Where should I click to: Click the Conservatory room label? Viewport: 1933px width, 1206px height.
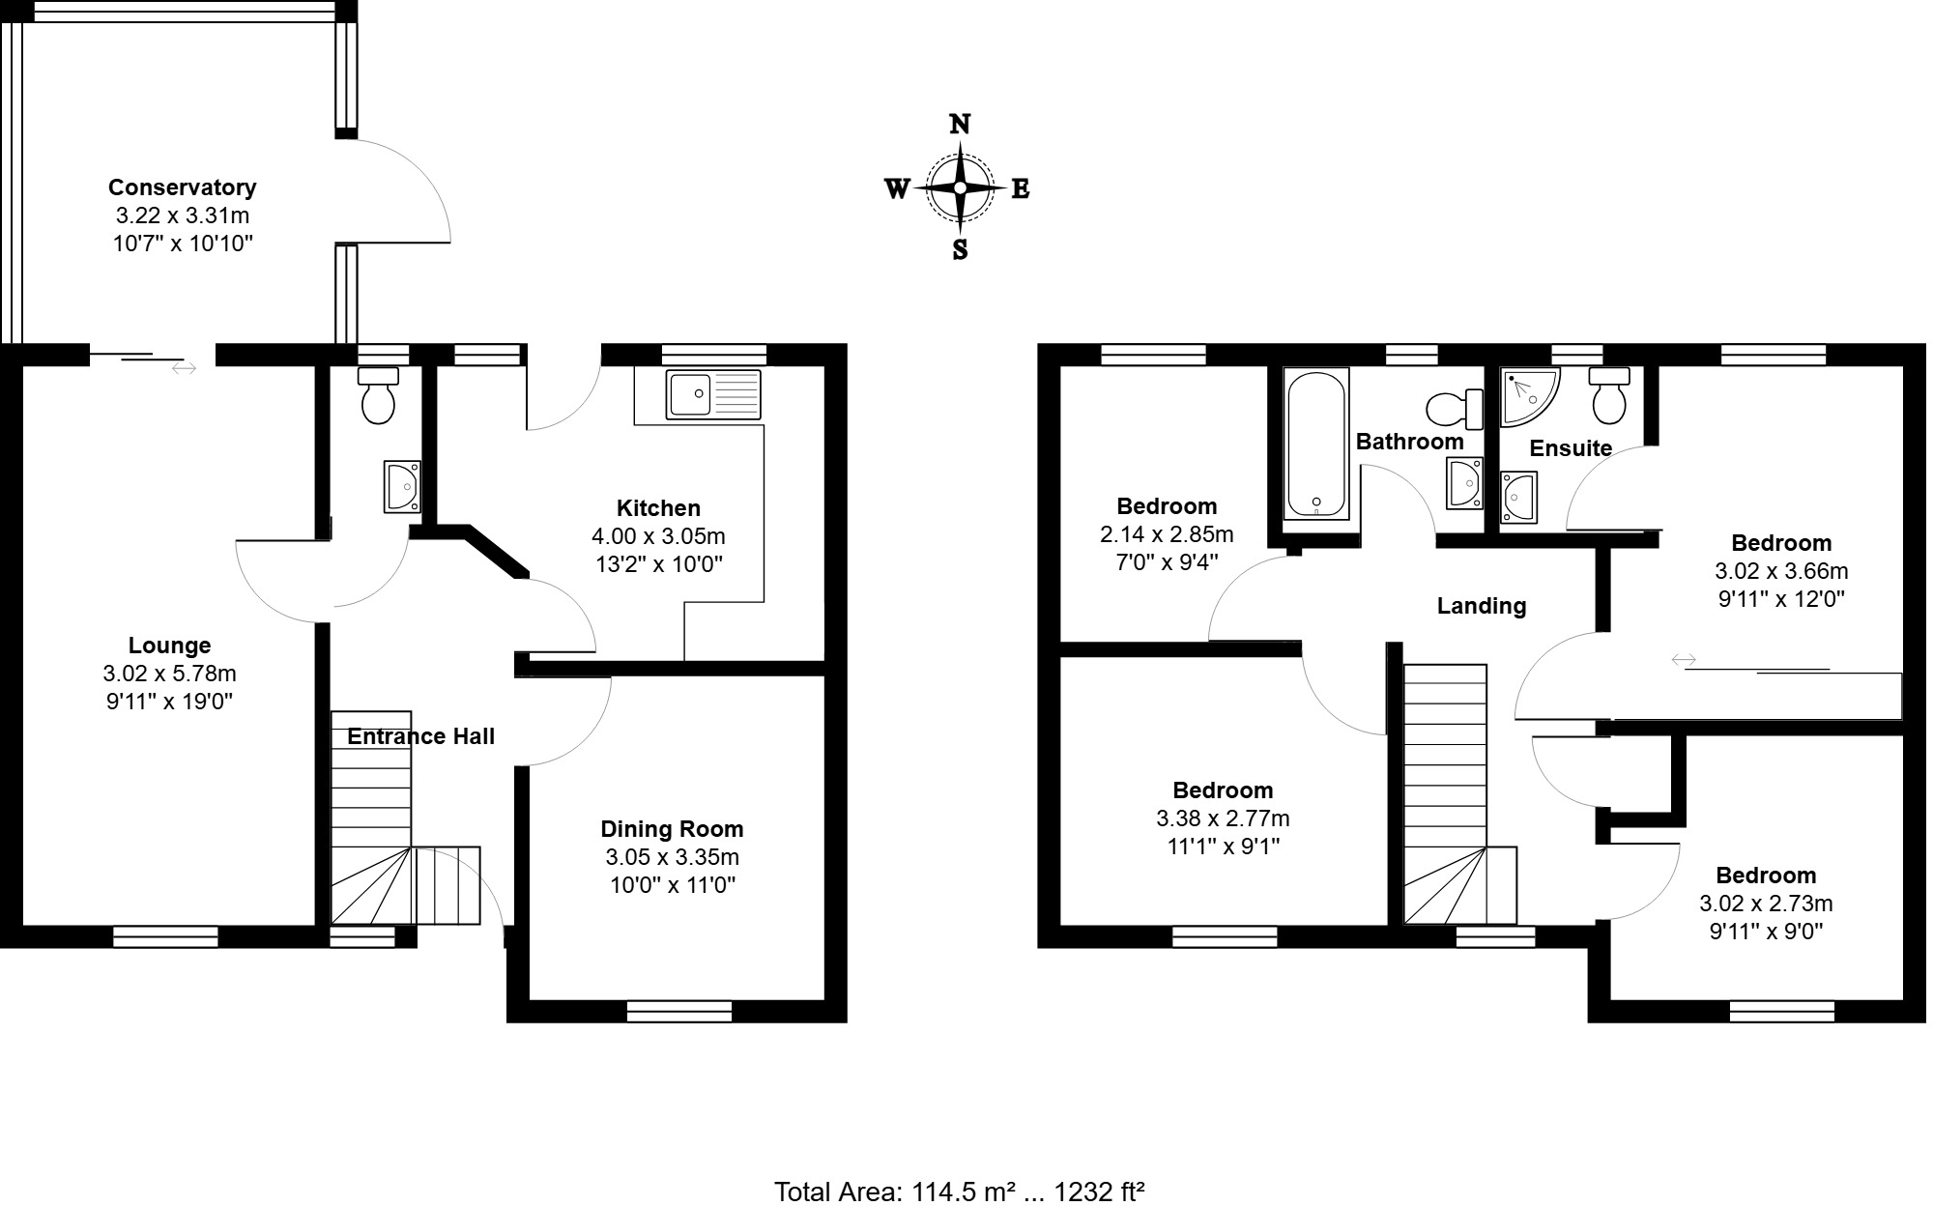point(182,187)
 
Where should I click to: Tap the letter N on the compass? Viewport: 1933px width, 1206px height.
point(960,125)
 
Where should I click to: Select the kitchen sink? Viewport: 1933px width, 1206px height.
point(713,394)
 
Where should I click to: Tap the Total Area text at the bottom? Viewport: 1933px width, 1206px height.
point(959,1192)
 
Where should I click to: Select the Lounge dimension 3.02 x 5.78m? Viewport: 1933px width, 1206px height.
point(169,674)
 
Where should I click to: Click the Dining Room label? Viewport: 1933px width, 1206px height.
point(672,829)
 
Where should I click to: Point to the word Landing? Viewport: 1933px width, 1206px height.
point(1481,607)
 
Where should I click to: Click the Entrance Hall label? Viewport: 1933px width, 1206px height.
point(420,736)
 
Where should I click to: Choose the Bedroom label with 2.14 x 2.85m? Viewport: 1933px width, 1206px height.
point(1166,506)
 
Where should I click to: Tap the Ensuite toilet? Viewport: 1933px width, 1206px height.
point(1609,395)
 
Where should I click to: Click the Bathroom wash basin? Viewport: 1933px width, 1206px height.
point(1464,483)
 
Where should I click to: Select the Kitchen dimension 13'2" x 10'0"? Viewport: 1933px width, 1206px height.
point(658,564)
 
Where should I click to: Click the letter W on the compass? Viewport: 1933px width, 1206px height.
point(897,189)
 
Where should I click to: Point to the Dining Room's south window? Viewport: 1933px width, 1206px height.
point(678,1012)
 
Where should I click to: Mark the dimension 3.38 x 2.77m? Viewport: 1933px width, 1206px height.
point(1223,819)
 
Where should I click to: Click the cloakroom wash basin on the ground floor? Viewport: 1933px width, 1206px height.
point(402,486)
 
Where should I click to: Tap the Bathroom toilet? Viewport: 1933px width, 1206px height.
point(1454,410)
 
